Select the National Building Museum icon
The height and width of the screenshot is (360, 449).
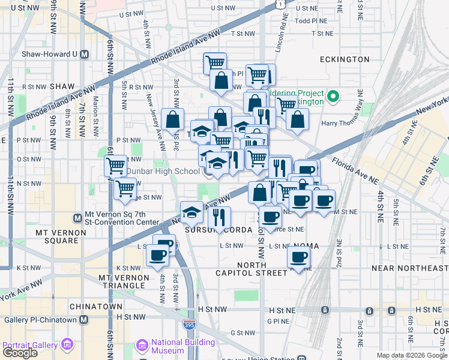click(142, 346)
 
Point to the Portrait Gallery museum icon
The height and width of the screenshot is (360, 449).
click(67, 345)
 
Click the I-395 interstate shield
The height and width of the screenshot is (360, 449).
click(188, 325)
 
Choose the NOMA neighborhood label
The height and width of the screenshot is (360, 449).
click(306, 246)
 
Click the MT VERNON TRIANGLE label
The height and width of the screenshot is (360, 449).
click(123, 283)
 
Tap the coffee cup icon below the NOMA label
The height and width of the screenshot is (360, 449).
click(298, 257)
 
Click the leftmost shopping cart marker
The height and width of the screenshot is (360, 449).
click(115, 165)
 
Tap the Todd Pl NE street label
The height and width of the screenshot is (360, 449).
click(310, 20)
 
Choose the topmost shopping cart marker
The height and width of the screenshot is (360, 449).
click(214, 62)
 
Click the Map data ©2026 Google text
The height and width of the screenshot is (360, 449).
click(412, 355)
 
